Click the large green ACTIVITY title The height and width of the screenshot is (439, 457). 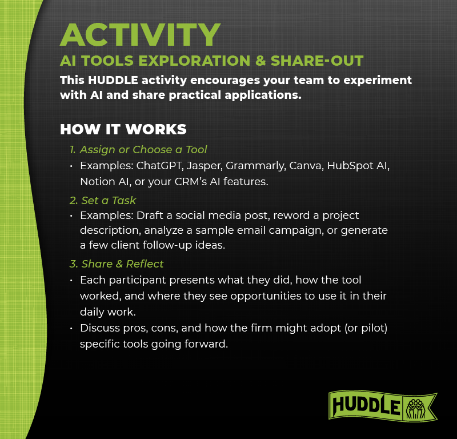pos(140,35)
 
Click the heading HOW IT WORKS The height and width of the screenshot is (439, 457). pos(123,129)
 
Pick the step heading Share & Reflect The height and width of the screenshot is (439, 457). pos(117,264)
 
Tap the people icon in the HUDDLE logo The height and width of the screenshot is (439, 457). pos(412,407)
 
